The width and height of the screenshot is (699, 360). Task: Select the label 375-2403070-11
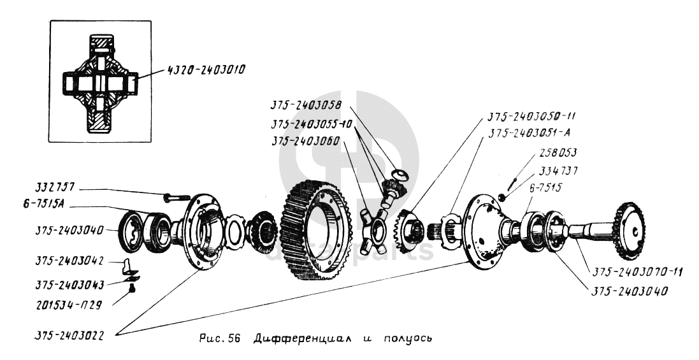click(x=637, y=272)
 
